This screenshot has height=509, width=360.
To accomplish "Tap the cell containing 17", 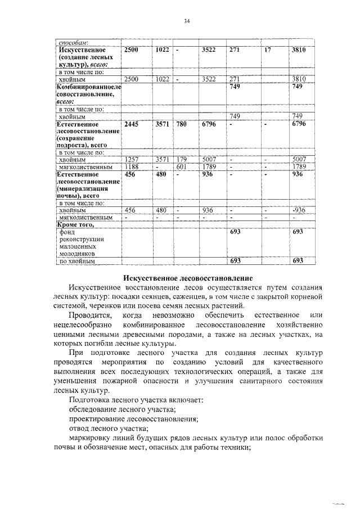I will [268, 50].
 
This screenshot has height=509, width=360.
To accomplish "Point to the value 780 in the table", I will [181, 124].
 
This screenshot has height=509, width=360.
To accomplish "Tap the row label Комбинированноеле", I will [88, 87].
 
